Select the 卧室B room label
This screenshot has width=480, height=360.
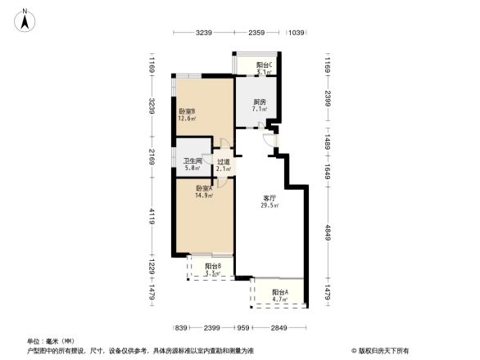click(186, 111)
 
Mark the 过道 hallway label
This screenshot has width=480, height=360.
click(223, 162)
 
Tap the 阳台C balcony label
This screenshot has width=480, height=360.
click(264, 65)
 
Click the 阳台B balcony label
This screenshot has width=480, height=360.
click(212, 266)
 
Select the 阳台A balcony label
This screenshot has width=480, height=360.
click(280, 292)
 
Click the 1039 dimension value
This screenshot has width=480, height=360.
click(296, 33)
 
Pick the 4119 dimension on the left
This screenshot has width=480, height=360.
click(152, 216)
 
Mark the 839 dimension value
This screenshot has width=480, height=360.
click(182, 328)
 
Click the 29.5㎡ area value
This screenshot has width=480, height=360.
click(270, 207)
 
